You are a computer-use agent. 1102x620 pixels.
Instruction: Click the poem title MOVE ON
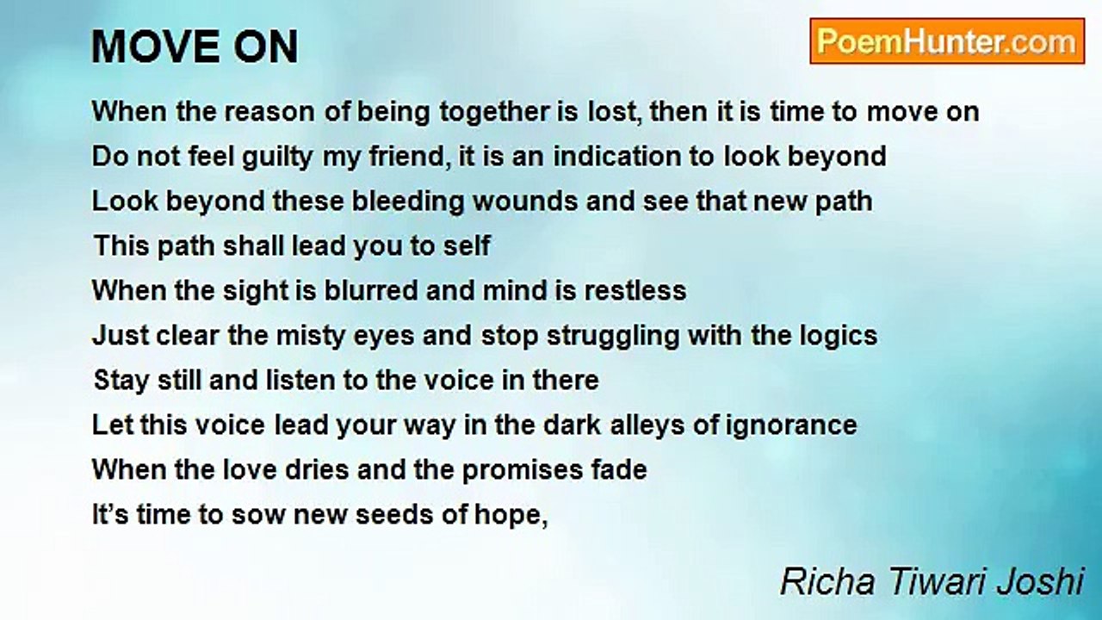click(x=195, y=47)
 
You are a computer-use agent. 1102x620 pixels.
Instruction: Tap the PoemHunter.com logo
click(x=946, y=41)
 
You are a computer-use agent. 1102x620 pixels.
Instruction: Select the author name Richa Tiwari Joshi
click(x=932, y=581)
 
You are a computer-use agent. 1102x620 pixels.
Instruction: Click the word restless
click(x=635, y=290)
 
